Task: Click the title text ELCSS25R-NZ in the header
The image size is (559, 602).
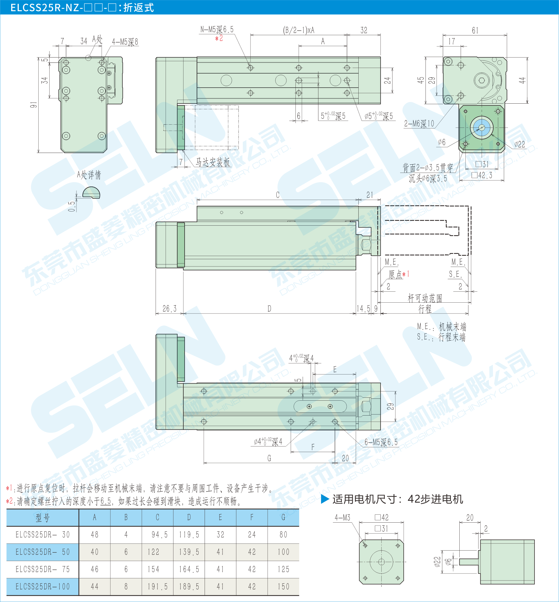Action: pos(45,7)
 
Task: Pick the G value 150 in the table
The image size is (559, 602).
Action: pos(283,587)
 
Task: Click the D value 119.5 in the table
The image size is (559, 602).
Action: pos(189,535)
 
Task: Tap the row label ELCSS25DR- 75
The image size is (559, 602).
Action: pos(43,569)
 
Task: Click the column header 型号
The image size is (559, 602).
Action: pos(42,518)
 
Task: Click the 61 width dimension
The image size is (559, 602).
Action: pos(475,30)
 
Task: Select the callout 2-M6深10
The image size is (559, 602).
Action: pos(419,123)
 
